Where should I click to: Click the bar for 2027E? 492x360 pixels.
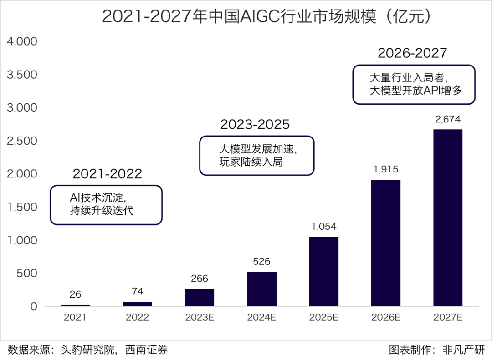448,218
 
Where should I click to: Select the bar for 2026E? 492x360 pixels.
386,243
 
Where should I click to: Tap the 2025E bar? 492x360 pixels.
324,271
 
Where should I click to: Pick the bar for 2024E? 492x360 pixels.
261,289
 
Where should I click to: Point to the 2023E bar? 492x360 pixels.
200,297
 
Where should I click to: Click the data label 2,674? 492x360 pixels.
448,120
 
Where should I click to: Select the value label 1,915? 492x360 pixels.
386,170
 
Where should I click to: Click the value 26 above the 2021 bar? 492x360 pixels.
76,295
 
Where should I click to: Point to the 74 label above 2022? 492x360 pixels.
138,292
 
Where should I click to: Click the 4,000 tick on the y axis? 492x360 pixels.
22,42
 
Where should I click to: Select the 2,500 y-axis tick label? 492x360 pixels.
22,141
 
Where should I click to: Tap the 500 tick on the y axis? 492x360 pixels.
28,274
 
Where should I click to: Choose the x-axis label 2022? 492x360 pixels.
138,318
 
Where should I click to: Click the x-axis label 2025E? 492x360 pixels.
324,318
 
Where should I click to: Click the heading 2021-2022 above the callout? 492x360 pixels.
108,174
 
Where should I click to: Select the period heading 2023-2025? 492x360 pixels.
255,124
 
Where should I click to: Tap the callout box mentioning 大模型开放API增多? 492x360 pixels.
414,85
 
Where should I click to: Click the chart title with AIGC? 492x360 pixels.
266,16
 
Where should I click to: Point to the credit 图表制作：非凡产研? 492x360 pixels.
436,350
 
